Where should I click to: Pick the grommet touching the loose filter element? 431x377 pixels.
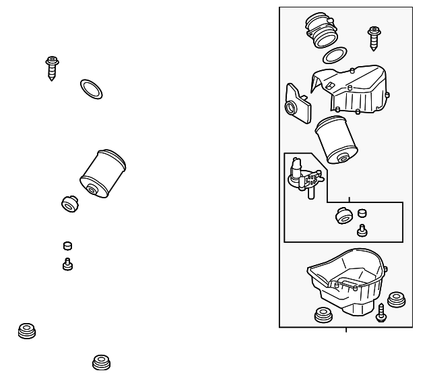(69, 202)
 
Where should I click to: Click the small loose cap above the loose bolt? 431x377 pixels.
(67, 246)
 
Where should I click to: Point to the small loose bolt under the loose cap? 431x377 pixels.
(67, 264)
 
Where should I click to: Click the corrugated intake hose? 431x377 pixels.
(321, 32)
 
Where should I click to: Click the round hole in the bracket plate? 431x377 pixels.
(292, 109)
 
